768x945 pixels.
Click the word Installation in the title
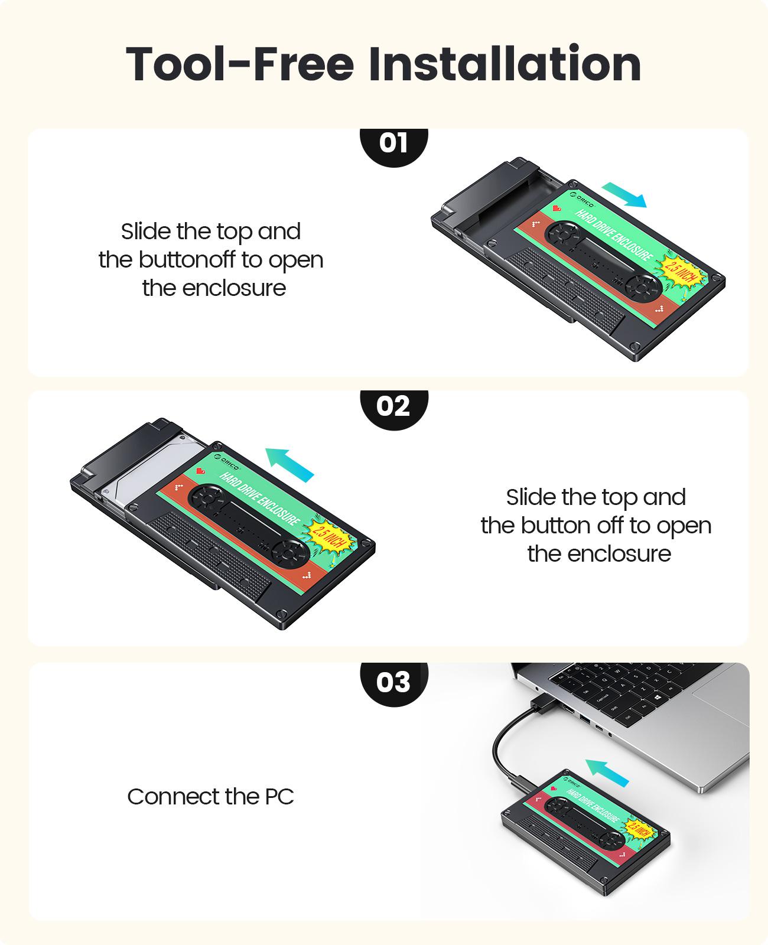click(505, 64)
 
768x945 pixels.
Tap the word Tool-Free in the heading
click(240, 64)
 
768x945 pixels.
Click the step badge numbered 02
click(393, 408)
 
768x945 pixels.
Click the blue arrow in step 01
click(624, 195)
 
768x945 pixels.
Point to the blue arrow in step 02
click(289, 464)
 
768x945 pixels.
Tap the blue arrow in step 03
click(607, 773)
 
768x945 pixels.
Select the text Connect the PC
click(210, 796)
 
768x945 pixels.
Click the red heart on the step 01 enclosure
click(557, 208)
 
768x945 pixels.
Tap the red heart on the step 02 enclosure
click(200, 471)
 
